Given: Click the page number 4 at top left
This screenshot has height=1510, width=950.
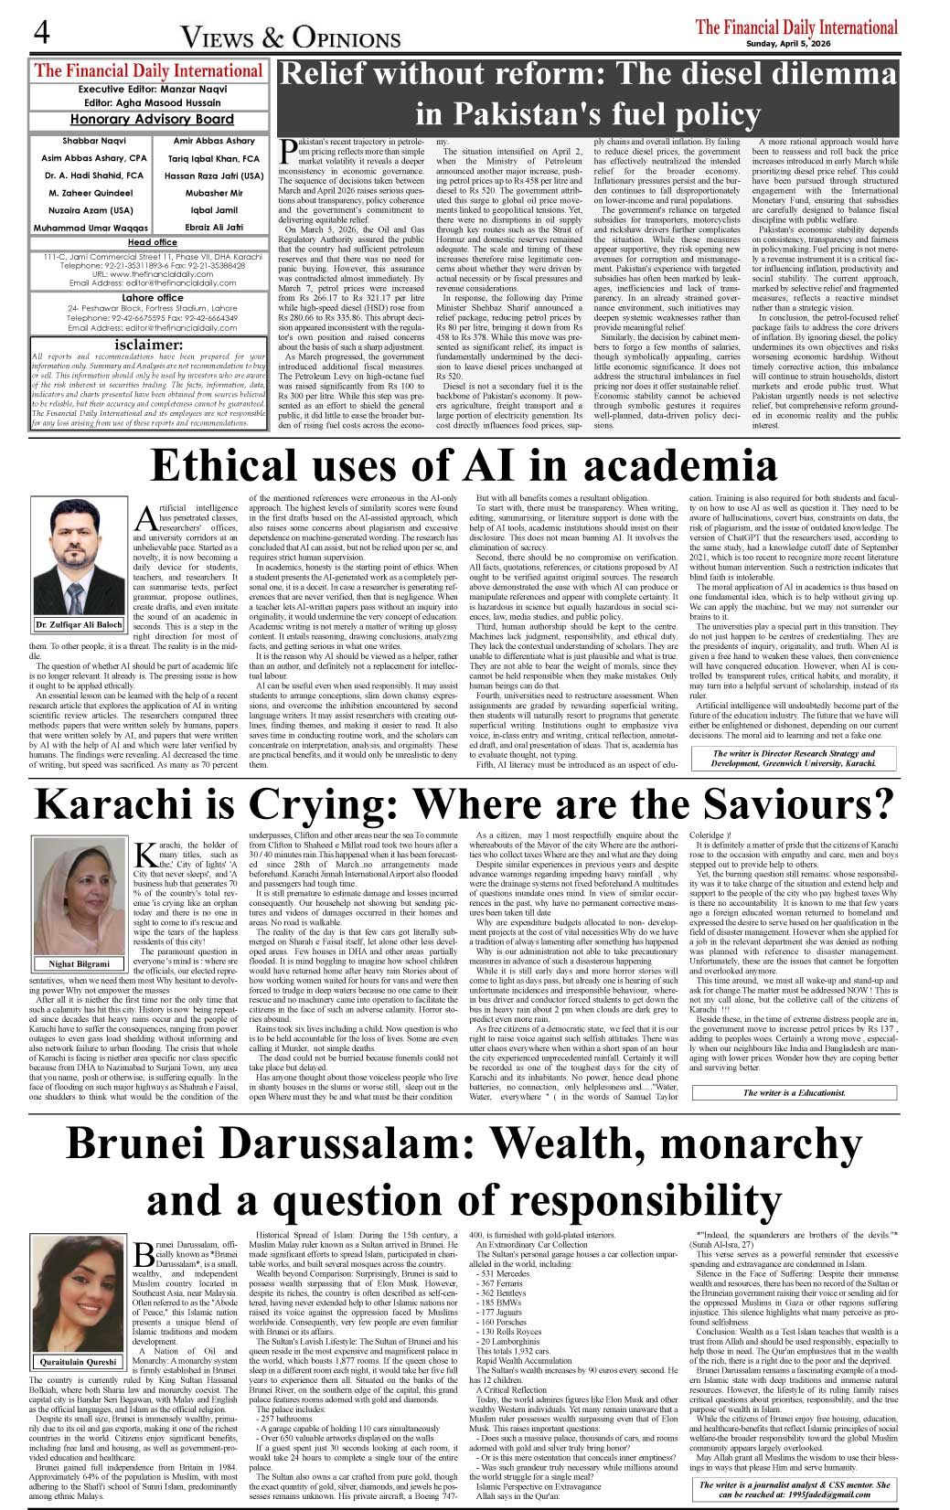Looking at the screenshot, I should coord(42,35).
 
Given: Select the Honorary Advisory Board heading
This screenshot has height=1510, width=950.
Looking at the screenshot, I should coord(152,120).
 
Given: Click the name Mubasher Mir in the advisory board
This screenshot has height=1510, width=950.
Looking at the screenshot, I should coord(214,193).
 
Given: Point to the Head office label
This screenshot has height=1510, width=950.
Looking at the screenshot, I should coord(153,242).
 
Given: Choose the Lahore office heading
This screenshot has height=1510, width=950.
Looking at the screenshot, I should coord(152,297).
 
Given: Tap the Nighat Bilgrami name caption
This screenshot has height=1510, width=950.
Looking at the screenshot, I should coord(79,963).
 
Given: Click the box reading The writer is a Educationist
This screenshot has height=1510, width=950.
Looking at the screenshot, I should coord(794,1092).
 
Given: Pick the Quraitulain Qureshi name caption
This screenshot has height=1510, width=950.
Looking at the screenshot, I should coord(79,1361).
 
